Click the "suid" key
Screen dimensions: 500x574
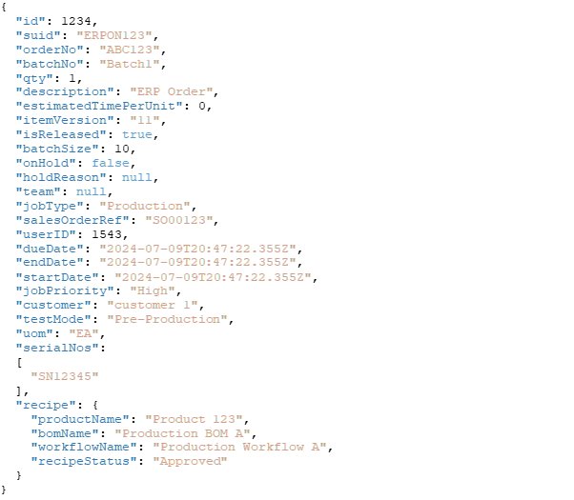click(x=38, y=34)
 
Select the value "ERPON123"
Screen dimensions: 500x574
click(x=114, y=34)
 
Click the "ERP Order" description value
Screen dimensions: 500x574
click(x=172, y=91)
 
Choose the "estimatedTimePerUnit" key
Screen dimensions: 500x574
click(x=99, y=106)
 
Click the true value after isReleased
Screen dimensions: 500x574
click(x=136, y=134)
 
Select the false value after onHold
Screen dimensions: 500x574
click(x=111, y=163)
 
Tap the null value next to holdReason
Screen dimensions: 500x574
click(x=136, y=177)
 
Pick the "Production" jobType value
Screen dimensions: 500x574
click(x=145, y=206)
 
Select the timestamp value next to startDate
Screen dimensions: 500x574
click(x=214, y=277)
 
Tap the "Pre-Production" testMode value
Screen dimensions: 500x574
click(x=167, y=319)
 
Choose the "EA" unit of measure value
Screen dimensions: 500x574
click(x=84, y=333)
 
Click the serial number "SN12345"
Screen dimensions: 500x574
click(x=65, y=376)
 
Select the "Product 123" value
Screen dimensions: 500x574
click(x=195, y=419)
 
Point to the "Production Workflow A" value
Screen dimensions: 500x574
click(x=240, y=447)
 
